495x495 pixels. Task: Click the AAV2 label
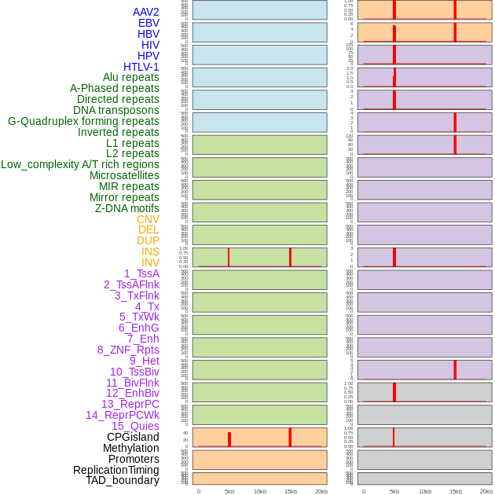[x=146, y=12]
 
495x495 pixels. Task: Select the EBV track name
[x=148, y=23]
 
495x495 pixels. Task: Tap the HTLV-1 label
[x=141, y=67]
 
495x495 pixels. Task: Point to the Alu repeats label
[x=131, y=77]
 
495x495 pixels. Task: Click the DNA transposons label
[x=116, y=110]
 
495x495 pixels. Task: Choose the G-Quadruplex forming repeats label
[x=83, y=121]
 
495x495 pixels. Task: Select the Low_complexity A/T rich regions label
[x=80, y=164]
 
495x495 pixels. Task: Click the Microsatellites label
[x=124, y=175]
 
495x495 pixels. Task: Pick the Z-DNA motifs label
[x=127, y=208]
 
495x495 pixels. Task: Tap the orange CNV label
[x=148, y=219]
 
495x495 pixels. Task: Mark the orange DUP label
[x=148, y=240]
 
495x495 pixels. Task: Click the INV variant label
[x=150, y=262]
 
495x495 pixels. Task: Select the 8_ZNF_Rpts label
[x=128, y=350]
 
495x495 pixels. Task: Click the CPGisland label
[x=133, y=437]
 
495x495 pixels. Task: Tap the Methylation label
[x=131, y=448]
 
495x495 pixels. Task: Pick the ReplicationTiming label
[x=116, y=470]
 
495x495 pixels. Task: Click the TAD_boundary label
[x=123, y=480]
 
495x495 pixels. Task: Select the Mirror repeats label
[x=124, y=197]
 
